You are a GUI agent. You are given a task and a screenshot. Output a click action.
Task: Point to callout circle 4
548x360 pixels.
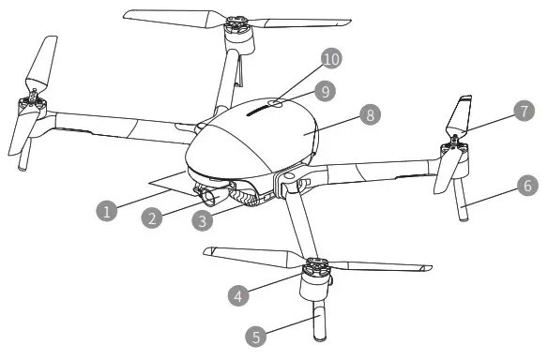click(x=240, y=292)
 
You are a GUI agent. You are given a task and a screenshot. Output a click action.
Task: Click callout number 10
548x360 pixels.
click(x=329, y=60)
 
